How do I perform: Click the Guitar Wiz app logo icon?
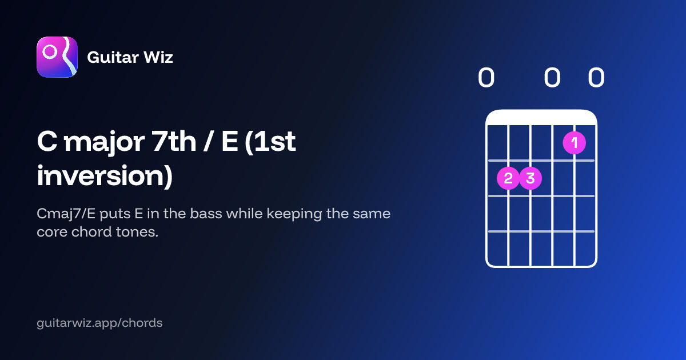57,57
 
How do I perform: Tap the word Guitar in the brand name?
113,57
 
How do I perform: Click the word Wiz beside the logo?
158,57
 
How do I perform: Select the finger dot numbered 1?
574,143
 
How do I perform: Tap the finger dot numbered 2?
508,178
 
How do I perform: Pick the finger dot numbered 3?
531,178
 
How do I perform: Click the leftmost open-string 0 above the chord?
486,78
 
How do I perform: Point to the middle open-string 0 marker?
552,78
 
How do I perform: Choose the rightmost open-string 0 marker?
596,78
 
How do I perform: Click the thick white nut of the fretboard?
541,118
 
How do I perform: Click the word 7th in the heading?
174,141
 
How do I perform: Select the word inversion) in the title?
105,176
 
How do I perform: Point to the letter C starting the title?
47,141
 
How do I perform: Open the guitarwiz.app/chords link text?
99,323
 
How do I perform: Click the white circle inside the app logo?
50,52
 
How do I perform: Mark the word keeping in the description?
294,214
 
